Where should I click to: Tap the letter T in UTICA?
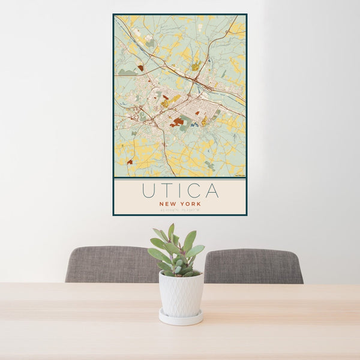(x=165, y=190)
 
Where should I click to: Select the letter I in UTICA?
(x=179, y=190)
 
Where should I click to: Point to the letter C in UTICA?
(x=193, y=190)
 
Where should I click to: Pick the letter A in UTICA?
(x=211, y=190)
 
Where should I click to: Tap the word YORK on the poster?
(x=190, y=204)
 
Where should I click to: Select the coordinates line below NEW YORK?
(x=179, y=210)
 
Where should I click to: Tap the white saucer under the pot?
(x=181, y=317)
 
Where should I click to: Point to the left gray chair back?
(x=108, y=264)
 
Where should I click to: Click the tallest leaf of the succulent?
(x=171, y=231)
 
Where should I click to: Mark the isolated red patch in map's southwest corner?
(x=129, y=161)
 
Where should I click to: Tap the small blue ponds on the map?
(x=194, y=124)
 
